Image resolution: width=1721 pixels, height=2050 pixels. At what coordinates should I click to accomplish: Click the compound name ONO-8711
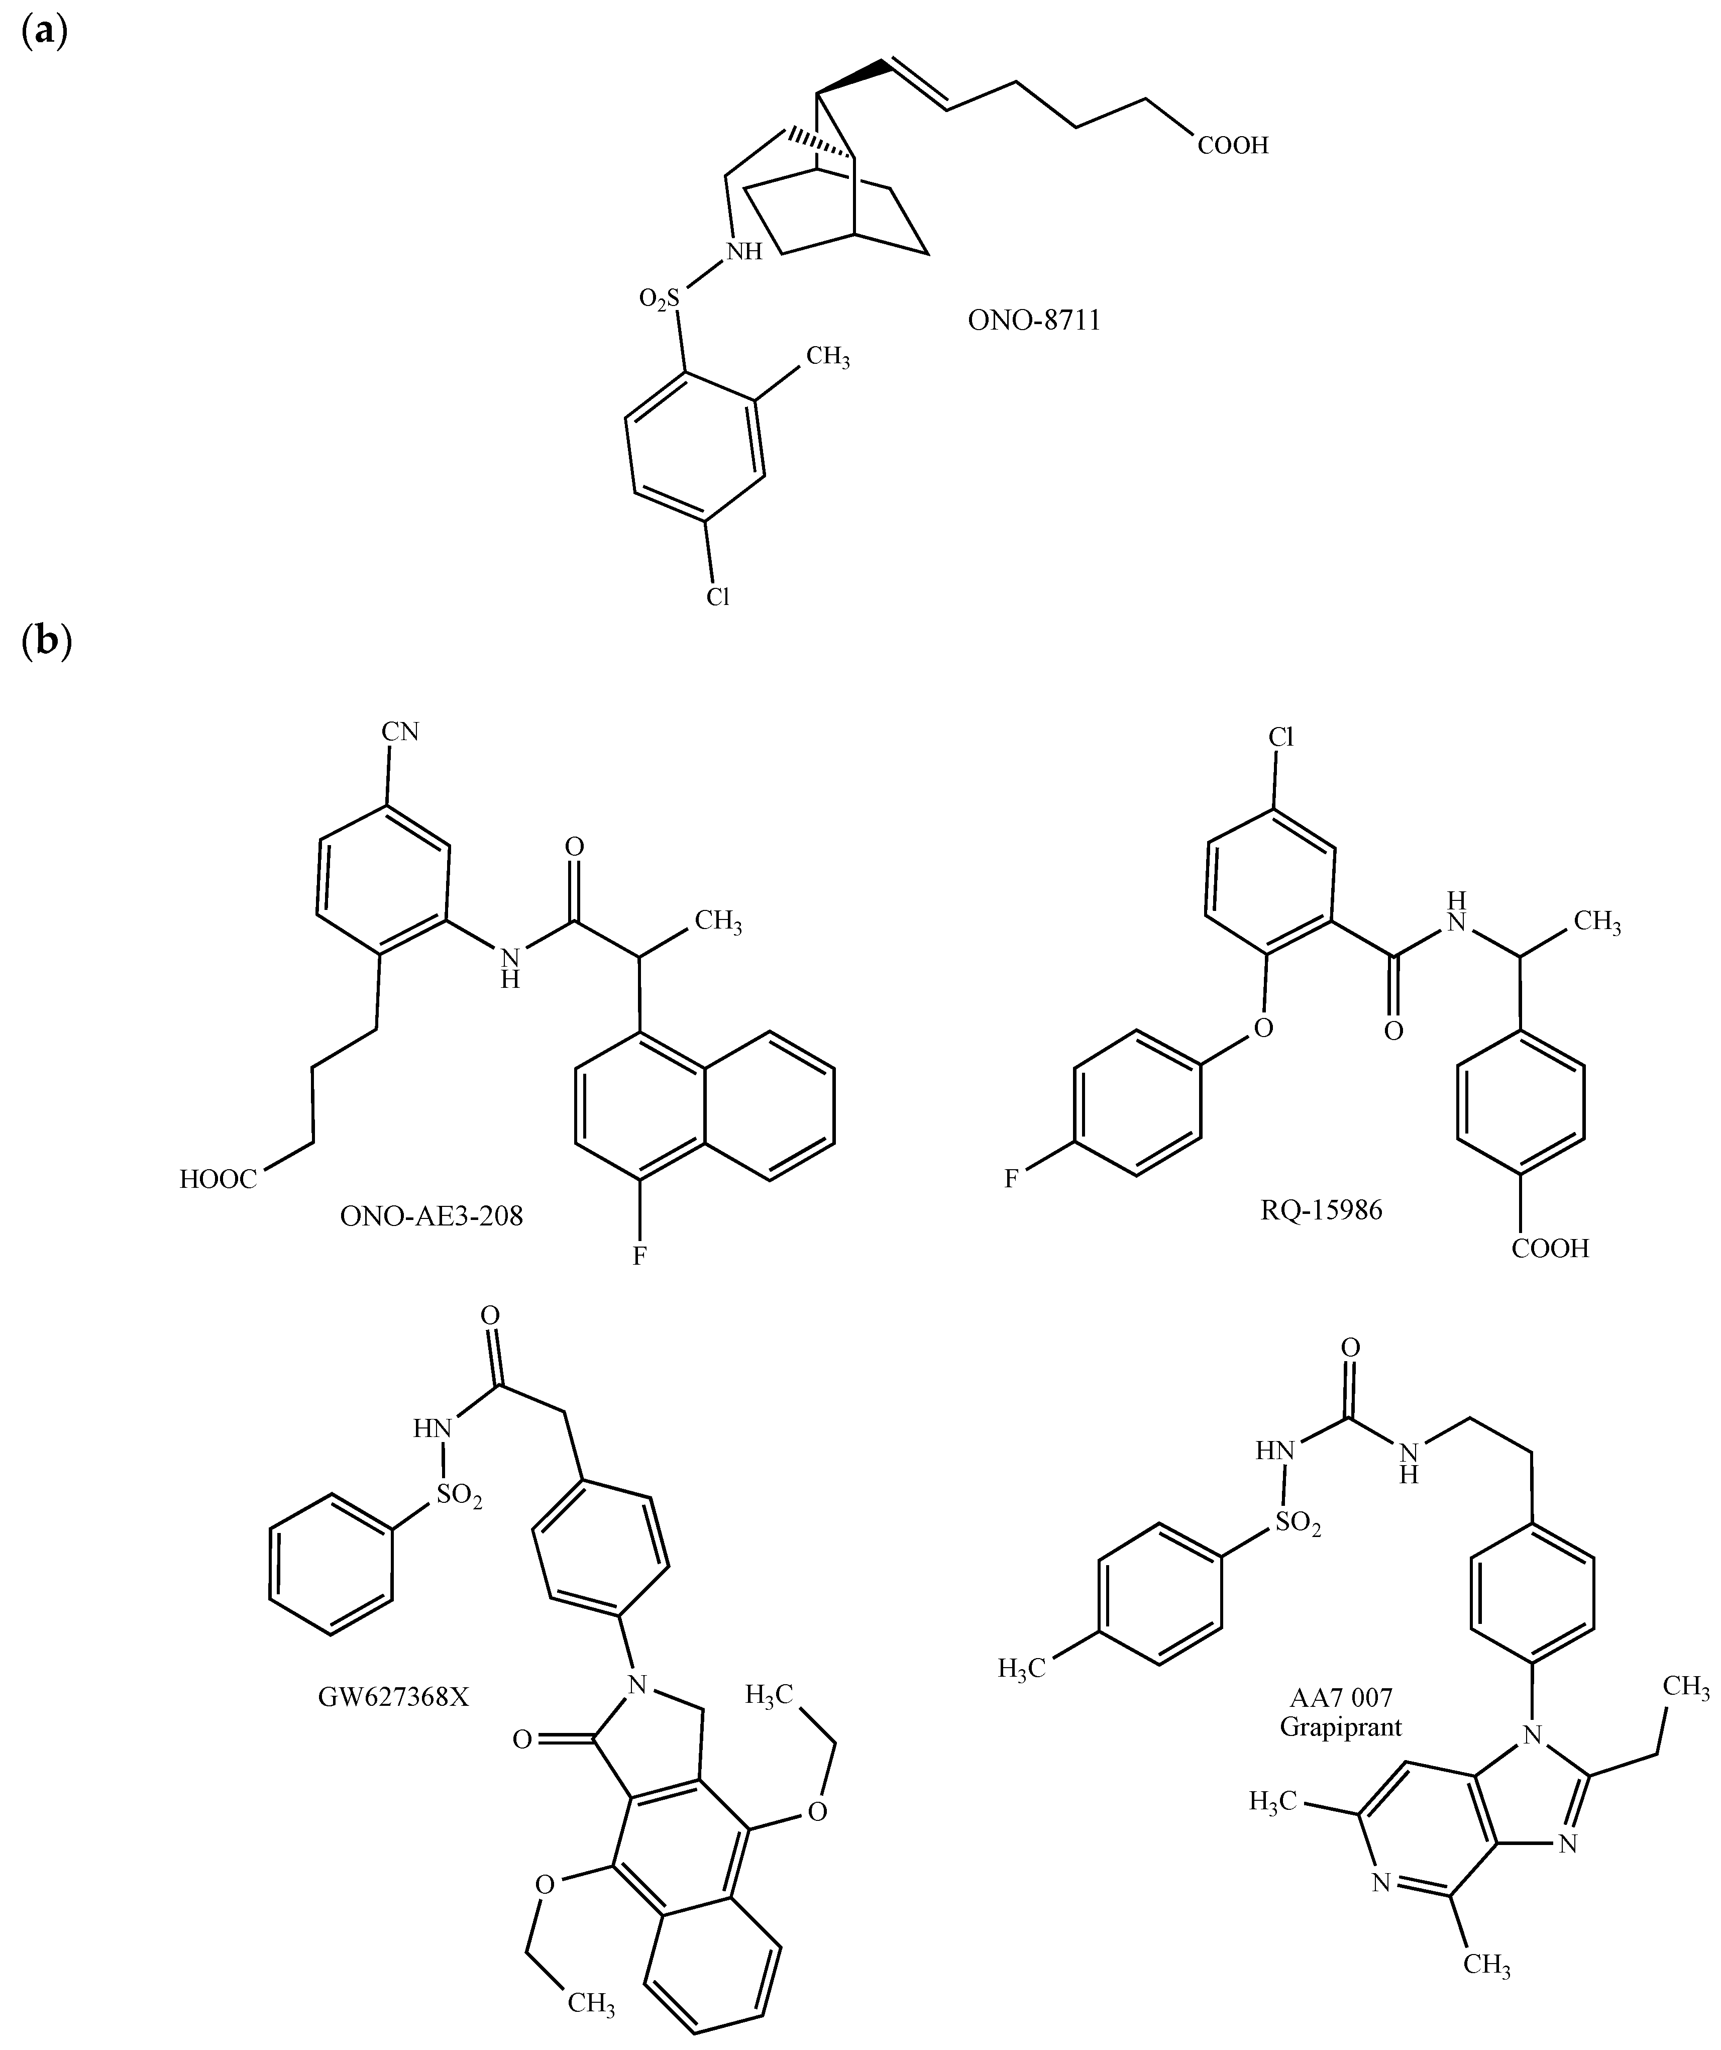(x=1034, y=320)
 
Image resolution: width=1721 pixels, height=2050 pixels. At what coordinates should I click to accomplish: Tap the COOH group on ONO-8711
(x=1233, y=145)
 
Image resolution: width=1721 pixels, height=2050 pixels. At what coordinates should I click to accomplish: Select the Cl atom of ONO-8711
(x=718, y=596)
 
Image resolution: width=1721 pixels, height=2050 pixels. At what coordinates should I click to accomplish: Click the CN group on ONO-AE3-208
(x=400, y=732)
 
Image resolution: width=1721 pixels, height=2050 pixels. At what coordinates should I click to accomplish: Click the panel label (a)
(x=44, y=32)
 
